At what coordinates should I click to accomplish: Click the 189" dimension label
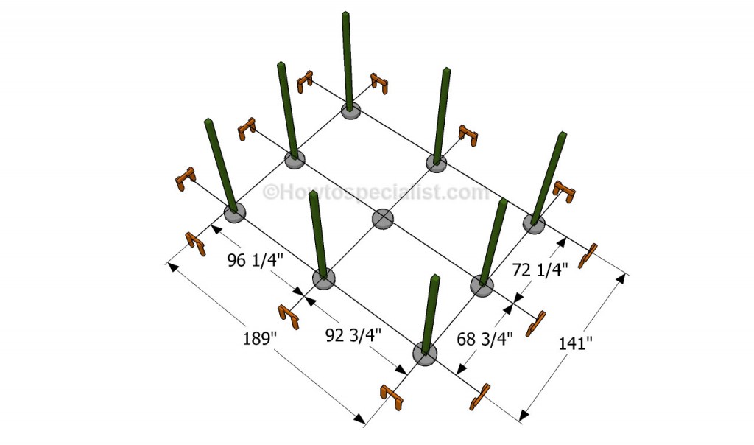point(260,337)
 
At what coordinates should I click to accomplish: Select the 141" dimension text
point(575,343)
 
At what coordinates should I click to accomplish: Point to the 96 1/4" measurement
point(256,260)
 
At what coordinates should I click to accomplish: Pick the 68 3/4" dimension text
point(485,339)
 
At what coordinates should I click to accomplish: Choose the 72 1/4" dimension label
point(540,270)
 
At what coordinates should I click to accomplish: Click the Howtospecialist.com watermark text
point(376,192)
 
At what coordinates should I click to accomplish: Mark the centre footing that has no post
point(383,219)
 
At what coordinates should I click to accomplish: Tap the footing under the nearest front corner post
point(425,354)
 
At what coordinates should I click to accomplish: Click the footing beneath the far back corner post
point(351,111)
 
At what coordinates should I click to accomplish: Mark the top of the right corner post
point(562,134)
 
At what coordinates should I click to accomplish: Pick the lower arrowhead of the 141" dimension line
point(524,416)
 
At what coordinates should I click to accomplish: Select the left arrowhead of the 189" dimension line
point(171,266)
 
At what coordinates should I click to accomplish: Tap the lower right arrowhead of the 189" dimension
point(359,419)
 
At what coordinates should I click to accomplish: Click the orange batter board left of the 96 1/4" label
point(196,243)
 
